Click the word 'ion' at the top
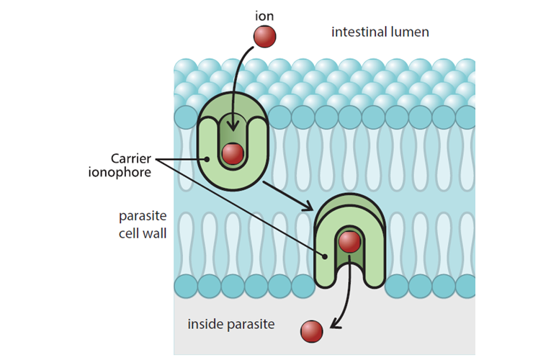pyautogui.click(x=265, y=14)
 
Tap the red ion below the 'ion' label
pyautogui.click(x=265, y=36)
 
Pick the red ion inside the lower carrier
pyautogui.click(x=349, y=242)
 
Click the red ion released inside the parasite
pyautogui.click(x=311, y=331)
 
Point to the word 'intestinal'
pyautogui.click(x=354, y=32)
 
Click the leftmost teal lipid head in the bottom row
pyautogui.click(x=187, y=285)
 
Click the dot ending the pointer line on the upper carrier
pyautogui.click(x=207, y=158)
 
